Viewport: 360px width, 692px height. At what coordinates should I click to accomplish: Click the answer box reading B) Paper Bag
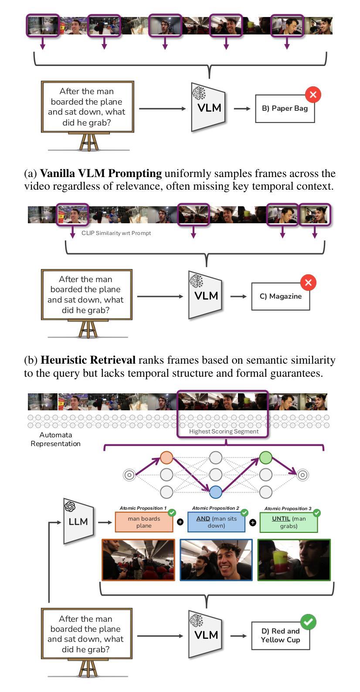[x=285, y=109]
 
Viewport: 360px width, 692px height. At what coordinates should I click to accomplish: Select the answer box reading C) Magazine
[x=280, y=297]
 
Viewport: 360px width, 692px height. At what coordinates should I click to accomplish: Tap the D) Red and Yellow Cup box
[x=280, y=636]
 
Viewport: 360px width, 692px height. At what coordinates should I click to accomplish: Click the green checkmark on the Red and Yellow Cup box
[x=309, y=622]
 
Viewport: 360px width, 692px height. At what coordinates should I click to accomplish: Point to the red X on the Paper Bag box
[x=313, y=94]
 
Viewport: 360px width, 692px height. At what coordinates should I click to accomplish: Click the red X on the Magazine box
[x=309, y=283]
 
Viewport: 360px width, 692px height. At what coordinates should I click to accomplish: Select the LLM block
[x=78, y=522]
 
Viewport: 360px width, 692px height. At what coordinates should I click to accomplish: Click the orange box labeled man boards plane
[x=144, y=522]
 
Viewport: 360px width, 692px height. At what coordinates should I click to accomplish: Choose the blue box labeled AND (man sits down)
[x=216, y=522]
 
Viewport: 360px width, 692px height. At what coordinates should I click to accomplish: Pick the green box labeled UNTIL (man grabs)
[x=289, y=522]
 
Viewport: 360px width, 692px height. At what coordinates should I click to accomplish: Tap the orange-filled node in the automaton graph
[x=166, y=457]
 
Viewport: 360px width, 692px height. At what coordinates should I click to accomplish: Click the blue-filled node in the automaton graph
[x=216, y=492]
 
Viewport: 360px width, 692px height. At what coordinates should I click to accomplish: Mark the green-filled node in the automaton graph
[x=265, y=457]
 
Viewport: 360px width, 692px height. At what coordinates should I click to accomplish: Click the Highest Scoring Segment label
[x=224, y=432]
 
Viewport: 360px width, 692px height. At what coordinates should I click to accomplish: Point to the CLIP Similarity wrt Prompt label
[x=116, y=233]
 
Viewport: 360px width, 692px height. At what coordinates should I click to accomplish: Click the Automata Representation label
[x=55, y=439]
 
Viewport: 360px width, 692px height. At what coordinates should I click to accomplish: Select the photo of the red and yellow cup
[x=294, y=560]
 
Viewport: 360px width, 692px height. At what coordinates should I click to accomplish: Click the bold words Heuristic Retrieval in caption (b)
[x=88, y=360]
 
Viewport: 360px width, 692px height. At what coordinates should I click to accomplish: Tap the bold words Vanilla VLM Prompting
[x=101, y=174]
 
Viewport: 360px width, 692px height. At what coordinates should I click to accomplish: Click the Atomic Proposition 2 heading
[x=215, y=508]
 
